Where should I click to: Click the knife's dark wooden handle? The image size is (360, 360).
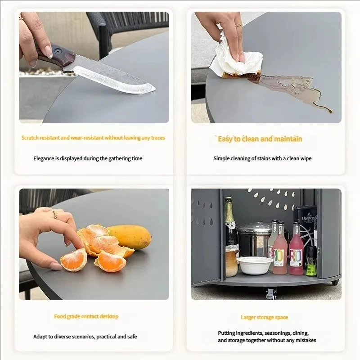click(58, 55)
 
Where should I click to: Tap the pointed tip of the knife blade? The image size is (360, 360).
click(156, 88)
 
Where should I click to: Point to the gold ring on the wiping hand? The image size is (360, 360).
click(239, 24)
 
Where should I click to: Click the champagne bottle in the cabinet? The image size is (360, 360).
click(230, 237)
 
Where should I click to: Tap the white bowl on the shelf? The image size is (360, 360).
click(255, 265)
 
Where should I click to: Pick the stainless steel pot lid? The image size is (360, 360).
click(255, 228)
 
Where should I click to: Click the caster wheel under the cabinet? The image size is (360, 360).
click(271, 293)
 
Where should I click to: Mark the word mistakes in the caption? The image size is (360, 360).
click(306, 340)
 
